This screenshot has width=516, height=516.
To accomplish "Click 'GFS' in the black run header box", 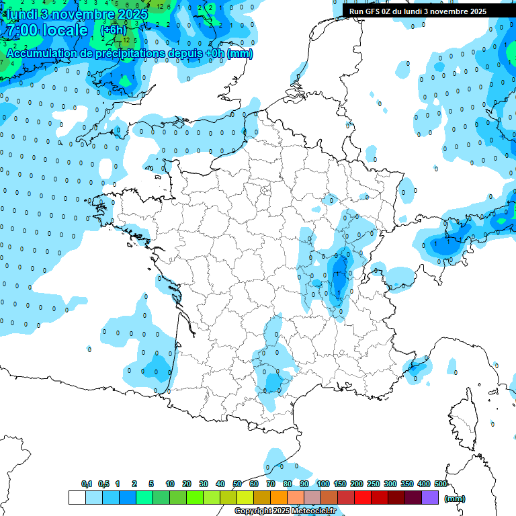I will click(377, 11).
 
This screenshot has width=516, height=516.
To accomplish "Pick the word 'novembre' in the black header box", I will click(455, 11).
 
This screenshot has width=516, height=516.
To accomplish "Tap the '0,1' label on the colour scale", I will click(87, 484).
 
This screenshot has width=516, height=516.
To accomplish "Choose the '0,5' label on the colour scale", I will click(103, 484).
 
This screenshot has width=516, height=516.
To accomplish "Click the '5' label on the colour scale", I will click(152, 484).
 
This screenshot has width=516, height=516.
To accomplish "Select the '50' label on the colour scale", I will click(237, 484).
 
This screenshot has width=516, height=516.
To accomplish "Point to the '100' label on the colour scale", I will click(323, 484).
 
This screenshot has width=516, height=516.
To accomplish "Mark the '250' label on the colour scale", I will click(374, 484).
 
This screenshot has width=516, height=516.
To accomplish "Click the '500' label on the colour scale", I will click(441, 484).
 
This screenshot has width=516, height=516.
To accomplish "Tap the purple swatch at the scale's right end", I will click(430, 497).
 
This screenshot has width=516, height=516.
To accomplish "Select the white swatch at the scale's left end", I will click(77, 497).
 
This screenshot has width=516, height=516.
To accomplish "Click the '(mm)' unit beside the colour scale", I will click(455, 499).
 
